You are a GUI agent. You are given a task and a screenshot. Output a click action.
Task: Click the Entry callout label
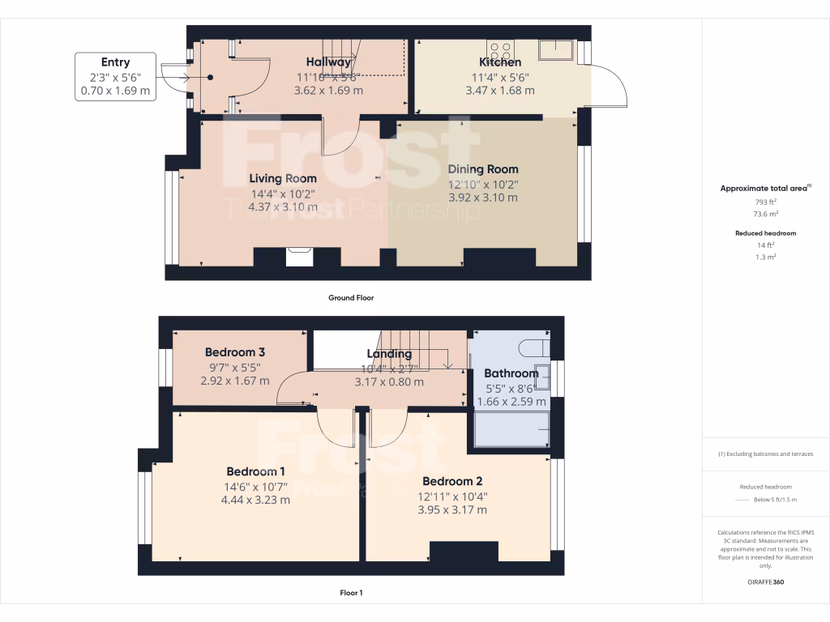115,62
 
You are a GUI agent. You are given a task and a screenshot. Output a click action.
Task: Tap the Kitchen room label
500,62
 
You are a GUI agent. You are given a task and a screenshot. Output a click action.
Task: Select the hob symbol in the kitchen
499,48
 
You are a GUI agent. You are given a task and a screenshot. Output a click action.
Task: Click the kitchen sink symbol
555,48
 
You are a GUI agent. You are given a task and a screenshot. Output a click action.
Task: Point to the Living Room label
283,178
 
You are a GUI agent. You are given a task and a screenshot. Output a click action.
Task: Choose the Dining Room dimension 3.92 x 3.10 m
482,198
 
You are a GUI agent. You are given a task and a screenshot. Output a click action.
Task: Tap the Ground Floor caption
350,298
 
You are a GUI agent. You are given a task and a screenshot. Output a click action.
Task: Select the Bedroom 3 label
235,352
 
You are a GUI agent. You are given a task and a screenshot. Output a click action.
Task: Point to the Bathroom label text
511,373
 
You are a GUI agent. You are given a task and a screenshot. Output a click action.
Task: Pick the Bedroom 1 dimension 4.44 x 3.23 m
255,500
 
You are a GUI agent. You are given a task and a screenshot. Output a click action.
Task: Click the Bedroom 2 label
452,481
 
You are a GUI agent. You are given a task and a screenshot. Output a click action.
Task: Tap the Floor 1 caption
351,593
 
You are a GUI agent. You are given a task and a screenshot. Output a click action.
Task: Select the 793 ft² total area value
766,202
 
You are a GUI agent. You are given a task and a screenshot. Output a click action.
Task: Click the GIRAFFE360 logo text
766,582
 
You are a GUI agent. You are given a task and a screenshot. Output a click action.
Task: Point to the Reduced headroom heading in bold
766,233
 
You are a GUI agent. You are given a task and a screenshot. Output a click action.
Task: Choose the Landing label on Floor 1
389,354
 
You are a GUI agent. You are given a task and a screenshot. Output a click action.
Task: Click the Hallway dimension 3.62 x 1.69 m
328,91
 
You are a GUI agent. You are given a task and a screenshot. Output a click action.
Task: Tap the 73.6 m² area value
766,215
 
